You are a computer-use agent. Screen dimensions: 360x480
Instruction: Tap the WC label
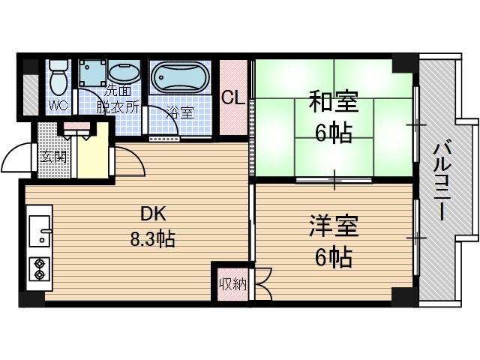(x=58, y=106)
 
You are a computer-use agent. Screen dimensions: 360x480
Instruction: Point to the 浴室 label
(x=179, y=112)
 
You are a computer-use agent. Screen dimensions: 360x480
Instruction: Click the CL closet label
(x=232, y=98)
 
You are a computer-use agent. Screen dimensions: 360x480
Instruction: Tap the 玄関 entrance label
(x=53, y=157)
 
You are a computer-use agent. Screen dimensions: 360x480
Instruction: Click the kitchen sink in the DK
(x=39, y=231)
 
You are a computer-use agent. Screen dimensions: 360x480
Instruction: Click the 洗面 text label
(x=120, y=93)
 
